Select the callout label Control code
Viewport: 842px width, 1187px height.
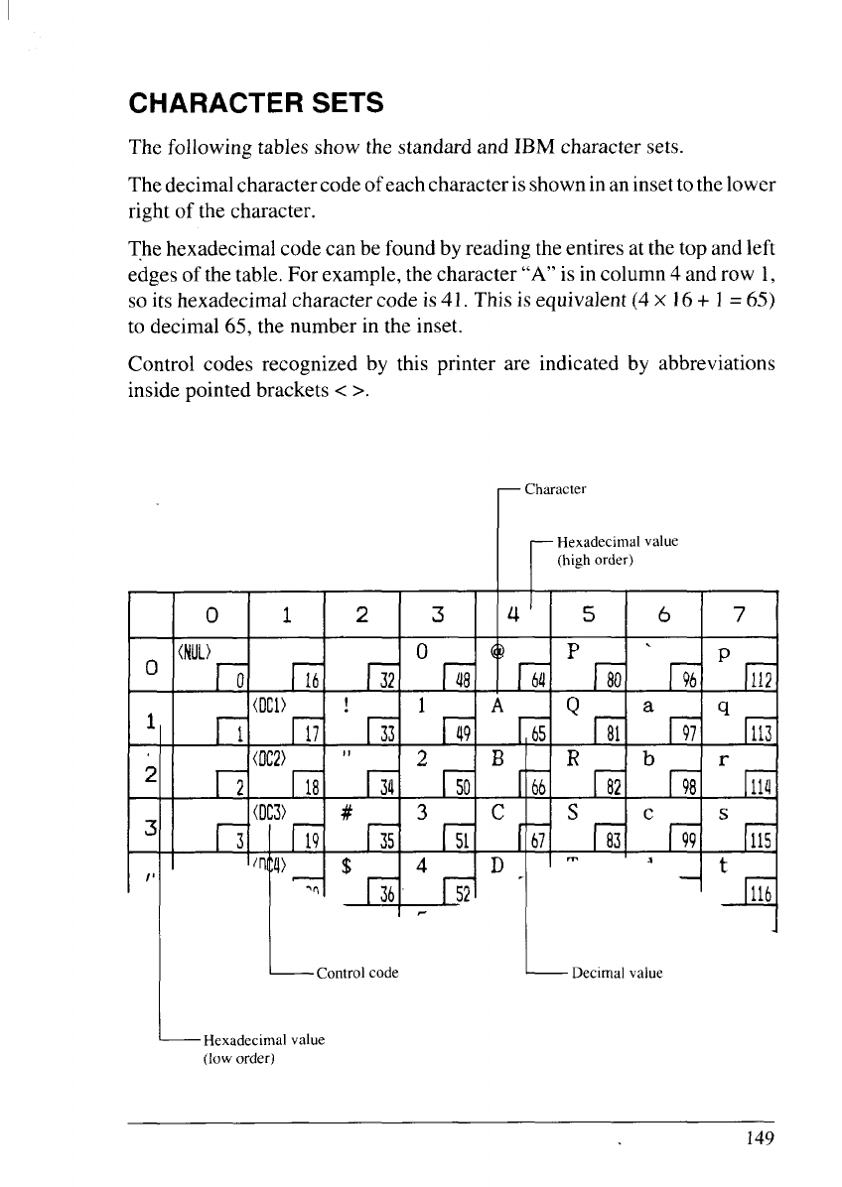(x=356, y=973)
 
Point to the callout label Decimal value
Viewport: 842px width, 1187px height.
(x=617, y=973)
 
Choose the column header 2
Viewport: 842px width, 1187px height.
(x=361, y=614)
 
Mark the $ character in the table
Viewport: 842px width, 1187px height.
(x=347, y=864)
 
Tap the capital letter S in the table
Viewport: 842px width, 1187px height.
(x=573, y=808)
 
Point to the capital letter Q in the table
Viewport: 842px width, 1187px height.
(x=574, y=709)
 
